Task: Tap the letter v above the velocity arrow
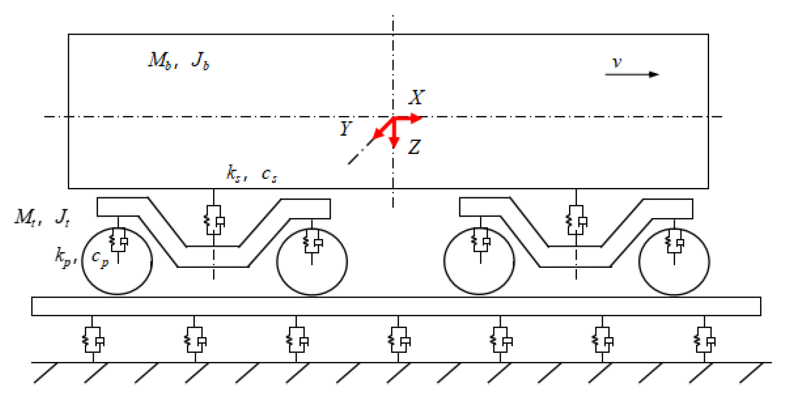pos(617,62)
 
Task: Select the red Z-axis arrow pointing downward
pos(394,135)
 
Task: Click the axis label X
pos(417,97)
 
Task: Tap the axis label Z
pos(414,147)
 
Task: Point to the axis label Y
pos(345,129)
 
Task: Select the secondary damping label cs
pos(269,175)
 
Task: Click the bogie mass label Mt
pos(25,217)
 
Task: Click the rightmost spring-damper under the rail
pos(704,340)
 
